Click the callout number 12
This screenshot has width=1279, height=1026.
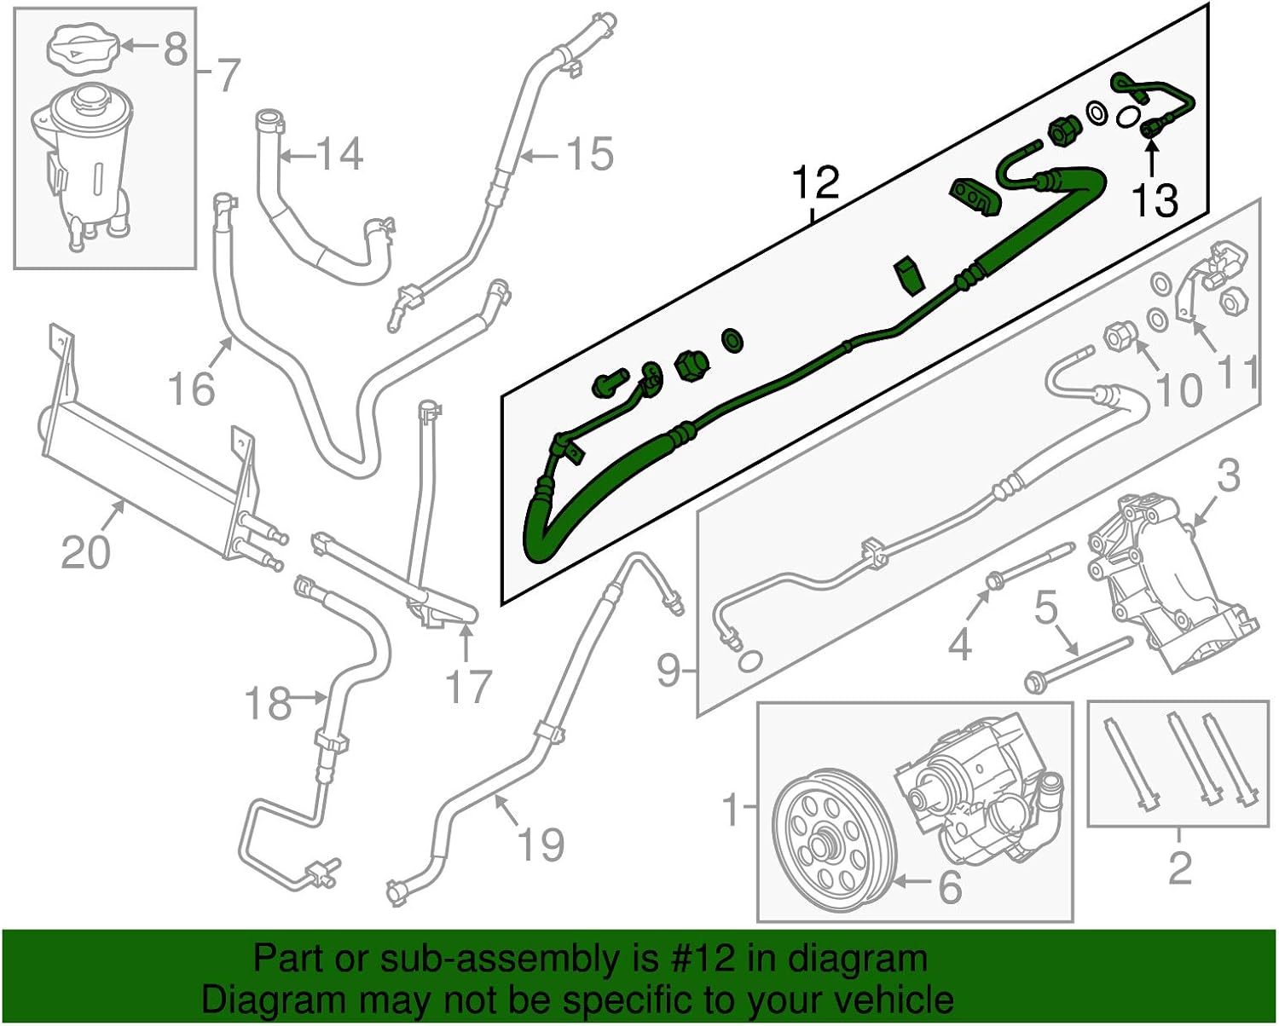coord(816,183)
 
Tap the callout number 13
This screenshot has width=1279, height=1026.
coord(1155,200)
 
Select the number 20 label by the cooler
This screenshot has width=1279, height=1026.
coord(85,552)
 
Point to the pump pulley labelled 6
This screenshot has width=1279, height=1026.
coord(833,841)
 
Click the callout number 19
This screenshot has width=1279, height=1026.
coord(541,844)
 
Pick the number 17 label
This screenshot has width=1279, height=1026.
coord(468,686)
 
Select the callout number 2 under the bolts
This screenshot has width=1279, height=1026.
coord(1179,867)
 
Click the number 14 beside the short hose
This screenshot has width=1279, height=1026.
coord(339,154)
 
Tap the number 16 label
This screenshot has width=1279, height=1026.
coord(191,389)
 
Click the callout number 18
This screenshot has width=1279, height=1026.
coord(267,704)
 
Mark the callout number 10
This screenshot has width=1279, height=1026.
coord(1178,390)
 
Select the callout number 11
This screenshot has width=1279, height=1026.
coord(1239,372)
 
